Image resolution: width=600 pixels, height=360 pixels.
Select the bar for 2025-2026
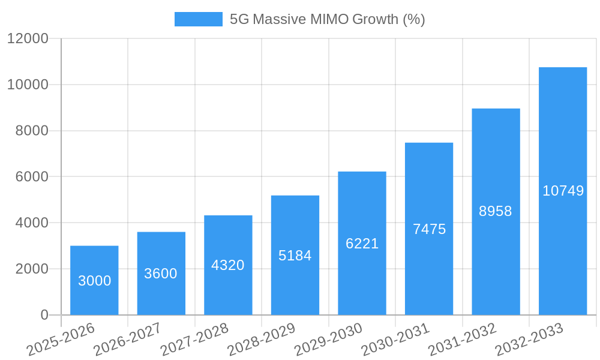[94, 280]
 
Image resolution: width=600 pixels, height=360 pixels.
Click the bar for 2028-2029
[295, 255]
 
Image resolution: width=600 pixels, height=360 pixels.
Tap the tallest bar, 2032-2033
[563, 191]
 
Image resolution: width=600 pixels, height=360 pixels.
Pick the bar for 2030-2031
[429, 229]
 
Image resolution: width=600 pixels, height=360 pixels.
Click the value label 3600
[161, 274]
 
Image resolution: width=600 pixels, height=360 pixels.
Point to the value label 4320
[228, 265]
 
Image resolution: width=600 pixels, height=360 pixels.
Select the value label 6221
[362, 244]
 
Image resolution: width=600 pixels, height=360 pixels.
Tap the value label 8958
[496, 211]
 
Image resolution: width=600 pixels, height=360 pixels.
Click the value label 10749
[563, 191]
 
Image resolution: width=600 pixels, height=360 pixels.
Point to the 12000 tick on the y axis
[28, 38]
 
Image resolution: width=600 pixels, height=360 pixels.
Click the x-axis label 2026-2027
[127, 339]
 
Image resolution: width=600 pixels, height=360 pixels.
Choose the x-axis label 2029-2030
[328, 339]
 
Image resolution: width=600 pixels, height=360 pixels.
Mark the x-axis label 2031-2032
[462, 339]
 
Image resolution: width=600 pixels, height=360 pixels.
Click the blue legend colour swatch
[198, 19]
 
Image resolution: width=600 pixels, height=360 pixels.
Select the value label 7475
[429, 229]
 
